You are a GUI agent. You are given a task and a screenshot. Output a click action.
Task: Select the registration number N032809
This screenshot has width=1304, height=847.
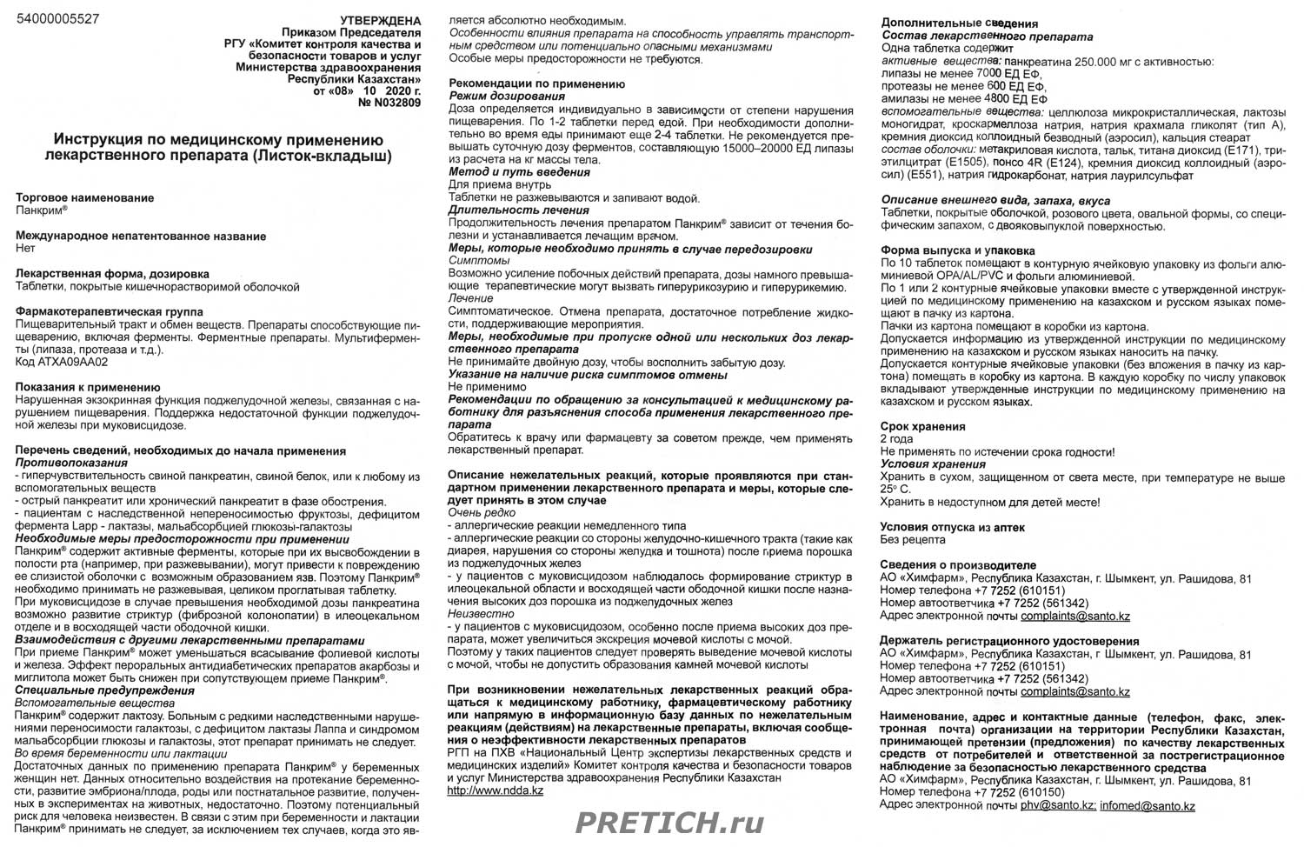pos(389,103)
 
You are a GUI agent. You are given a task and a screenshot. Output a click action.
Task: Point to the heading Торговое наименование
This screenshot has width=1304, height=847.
pos(85,197)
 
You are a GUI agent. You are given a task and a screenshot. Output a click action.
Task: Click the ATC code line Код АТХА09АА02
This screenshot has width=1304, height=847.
pos(62,362)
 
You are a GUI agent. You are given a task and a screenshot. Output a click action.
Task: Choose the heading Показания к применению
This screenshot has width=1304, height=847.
pos(88,388)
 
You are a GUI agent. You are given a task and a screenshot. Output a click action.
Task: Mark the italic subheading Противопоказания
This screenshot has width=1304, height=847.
pos(71,464)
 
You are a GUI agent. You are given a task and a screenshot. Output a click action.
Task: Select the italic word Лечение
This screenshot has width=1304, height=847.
pos(471,298)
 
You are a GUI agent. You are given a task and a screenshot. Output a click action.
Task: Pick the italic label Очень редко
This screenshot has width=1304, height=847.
pos(482,513)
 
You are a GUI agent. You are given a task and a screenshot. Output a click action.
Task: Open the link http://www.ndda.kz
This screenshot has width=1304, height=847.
pos(496,790)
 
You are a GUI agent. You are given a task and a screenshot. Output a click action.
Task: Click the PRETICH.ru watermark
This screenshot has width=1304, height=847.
pos(669,823)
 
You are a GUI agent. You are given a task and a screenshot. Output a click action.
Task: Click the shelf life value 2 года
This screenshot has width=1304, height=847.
pos(897,439)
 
